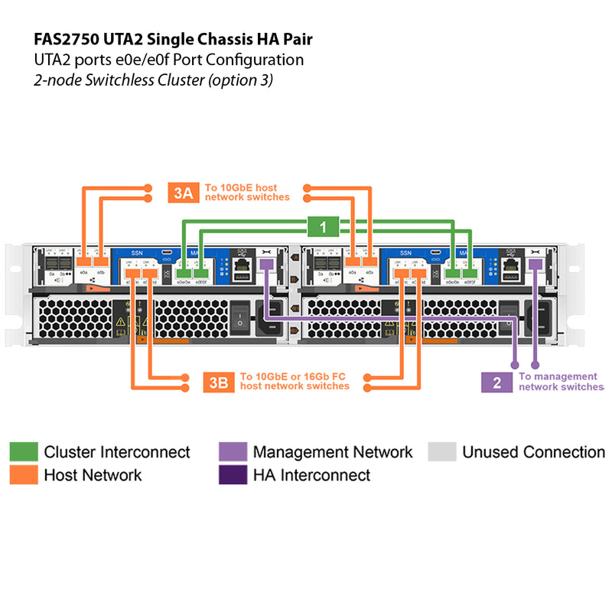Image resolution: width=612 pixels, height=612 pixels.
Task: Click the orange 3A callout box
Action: tap(183, 193)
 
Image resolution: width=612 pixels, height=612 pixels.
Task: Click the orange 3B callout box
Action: tap(219, 382)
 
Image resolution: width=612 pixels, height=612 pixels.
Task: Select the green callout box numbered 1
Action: tap(324, 226)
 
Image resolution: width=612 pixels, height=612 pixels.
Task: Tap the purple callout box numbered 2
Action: tap(496, 382)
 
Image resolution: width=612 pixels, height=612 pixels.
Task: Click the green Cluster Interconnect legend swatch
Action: tap(23, 452)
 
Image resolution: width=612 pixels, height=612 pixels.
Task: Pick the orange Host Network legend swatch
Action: tap(23, 475)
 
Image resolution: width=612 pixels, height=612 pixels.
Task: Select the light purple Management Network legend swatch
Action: tap(233, 452)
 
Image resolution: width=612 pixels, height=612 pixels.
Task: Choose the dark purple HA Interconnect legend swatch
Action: tap(233, 475)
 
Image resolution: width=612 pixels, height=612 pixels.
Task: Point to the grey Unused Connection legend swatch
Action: tap(441, 452)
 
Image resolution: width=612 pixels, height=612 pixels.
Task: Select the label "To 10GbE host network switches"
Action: tap(246, 193)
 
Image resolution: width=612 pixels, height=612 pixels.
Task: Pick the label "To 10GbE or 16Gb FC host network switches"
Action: tap(295, 381)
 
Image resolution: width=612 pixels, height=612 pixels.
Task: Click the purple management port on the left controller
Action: tap(267, 264)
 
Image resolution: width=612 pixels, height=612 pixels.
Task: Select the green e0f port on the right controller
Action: tap(470, 273)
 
